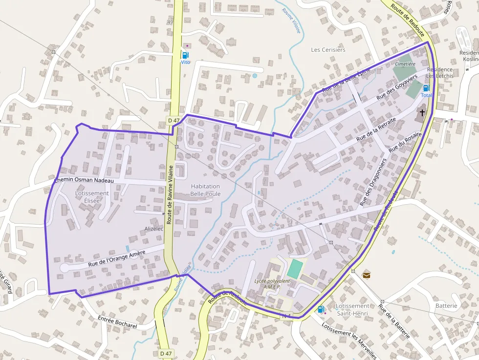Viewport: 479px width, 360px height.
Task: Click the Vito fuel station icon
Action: pos(185,55)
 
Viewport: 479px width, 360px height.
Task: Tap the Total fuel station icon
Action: pos(426,88)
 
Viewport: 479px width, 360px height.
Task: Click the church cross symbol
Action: pos(421,113)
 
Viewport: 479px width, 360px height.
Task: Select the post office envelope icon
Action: pos(366,275)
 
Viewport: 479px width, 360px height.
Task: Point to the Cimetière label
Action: pos(405,64)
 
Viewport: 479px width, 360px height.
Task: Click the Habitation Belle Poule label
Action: pos(205,190)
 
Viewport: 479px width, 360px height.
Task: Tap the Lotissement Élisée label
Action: pos(92,197)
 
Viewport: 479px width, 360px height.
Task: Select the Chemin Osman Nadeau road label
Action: pos(84,181)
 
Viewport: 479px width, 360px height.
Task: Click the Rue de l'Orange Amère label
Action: pos(117,257)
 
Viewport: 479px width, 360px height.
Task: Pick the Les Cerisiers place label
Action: pos(328,50)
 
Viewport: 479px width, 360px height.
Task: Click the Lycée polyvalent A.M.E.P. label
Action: pos(272,284)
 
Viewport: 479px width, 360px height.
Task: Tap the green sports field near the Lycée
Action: pos(295,269)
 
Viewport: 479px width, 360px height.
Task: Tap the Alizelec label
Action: pos(154,229)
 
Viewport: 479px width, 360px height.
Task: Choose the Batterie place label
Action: pos(446,306)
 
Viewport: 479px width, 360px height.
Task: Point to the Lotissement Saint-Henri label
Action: pos(352,309)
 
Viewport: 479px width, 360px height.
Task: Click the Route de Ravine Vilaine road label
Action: pos(170,194)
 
